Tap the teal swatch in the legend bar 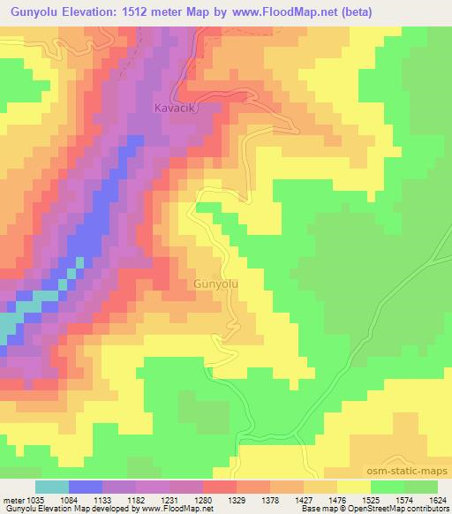point(52,487)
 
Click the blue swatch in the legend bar point(86,487)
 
